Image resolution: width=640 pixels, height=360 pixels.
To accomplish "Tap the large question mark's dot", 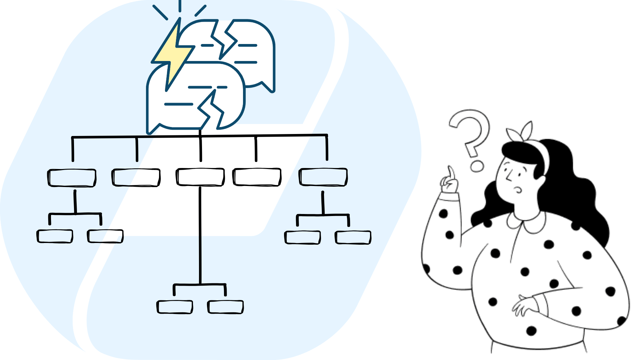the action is coord(477,166).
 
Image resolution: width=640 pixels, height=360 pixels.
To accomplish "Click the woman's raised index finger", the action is coord(451,173).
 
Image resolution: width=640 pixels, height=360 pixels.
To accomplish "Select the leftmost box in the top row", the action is coord(72,178).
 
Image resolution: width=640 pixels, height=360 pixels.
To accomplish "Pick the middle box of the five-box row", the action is coord(200,177).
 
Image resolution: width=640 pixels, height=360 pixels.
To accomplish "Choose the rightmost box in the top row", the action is coord(323,177).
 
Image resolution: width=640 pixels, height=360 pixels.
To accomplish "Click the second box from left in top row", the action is coord(136,177).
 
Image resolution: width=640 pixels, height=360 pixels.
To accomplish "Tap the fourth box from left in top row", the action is coord(257,177).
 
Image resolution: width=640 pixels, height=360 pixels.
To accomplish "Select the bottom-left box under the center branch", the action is coord(175,307).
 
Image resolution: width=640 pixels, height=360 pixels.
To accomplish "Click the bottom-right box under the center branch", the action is coord(226,307).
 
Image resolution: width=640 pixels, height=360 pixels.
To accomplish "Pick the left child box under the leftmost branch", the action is coord(55,236).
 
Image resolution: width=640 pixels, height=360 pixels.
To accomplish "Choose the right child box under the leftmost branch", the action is coord(105,236).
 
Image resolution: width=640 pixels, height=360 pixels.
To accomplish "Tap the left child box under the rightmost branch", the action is coord(303,238).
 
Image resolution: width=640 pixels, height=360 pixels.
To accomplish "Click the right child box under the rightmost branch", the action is coord(353,238).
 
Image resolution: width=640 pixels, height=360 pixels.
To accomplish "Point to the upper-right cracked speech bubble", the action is coord(253,50).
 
